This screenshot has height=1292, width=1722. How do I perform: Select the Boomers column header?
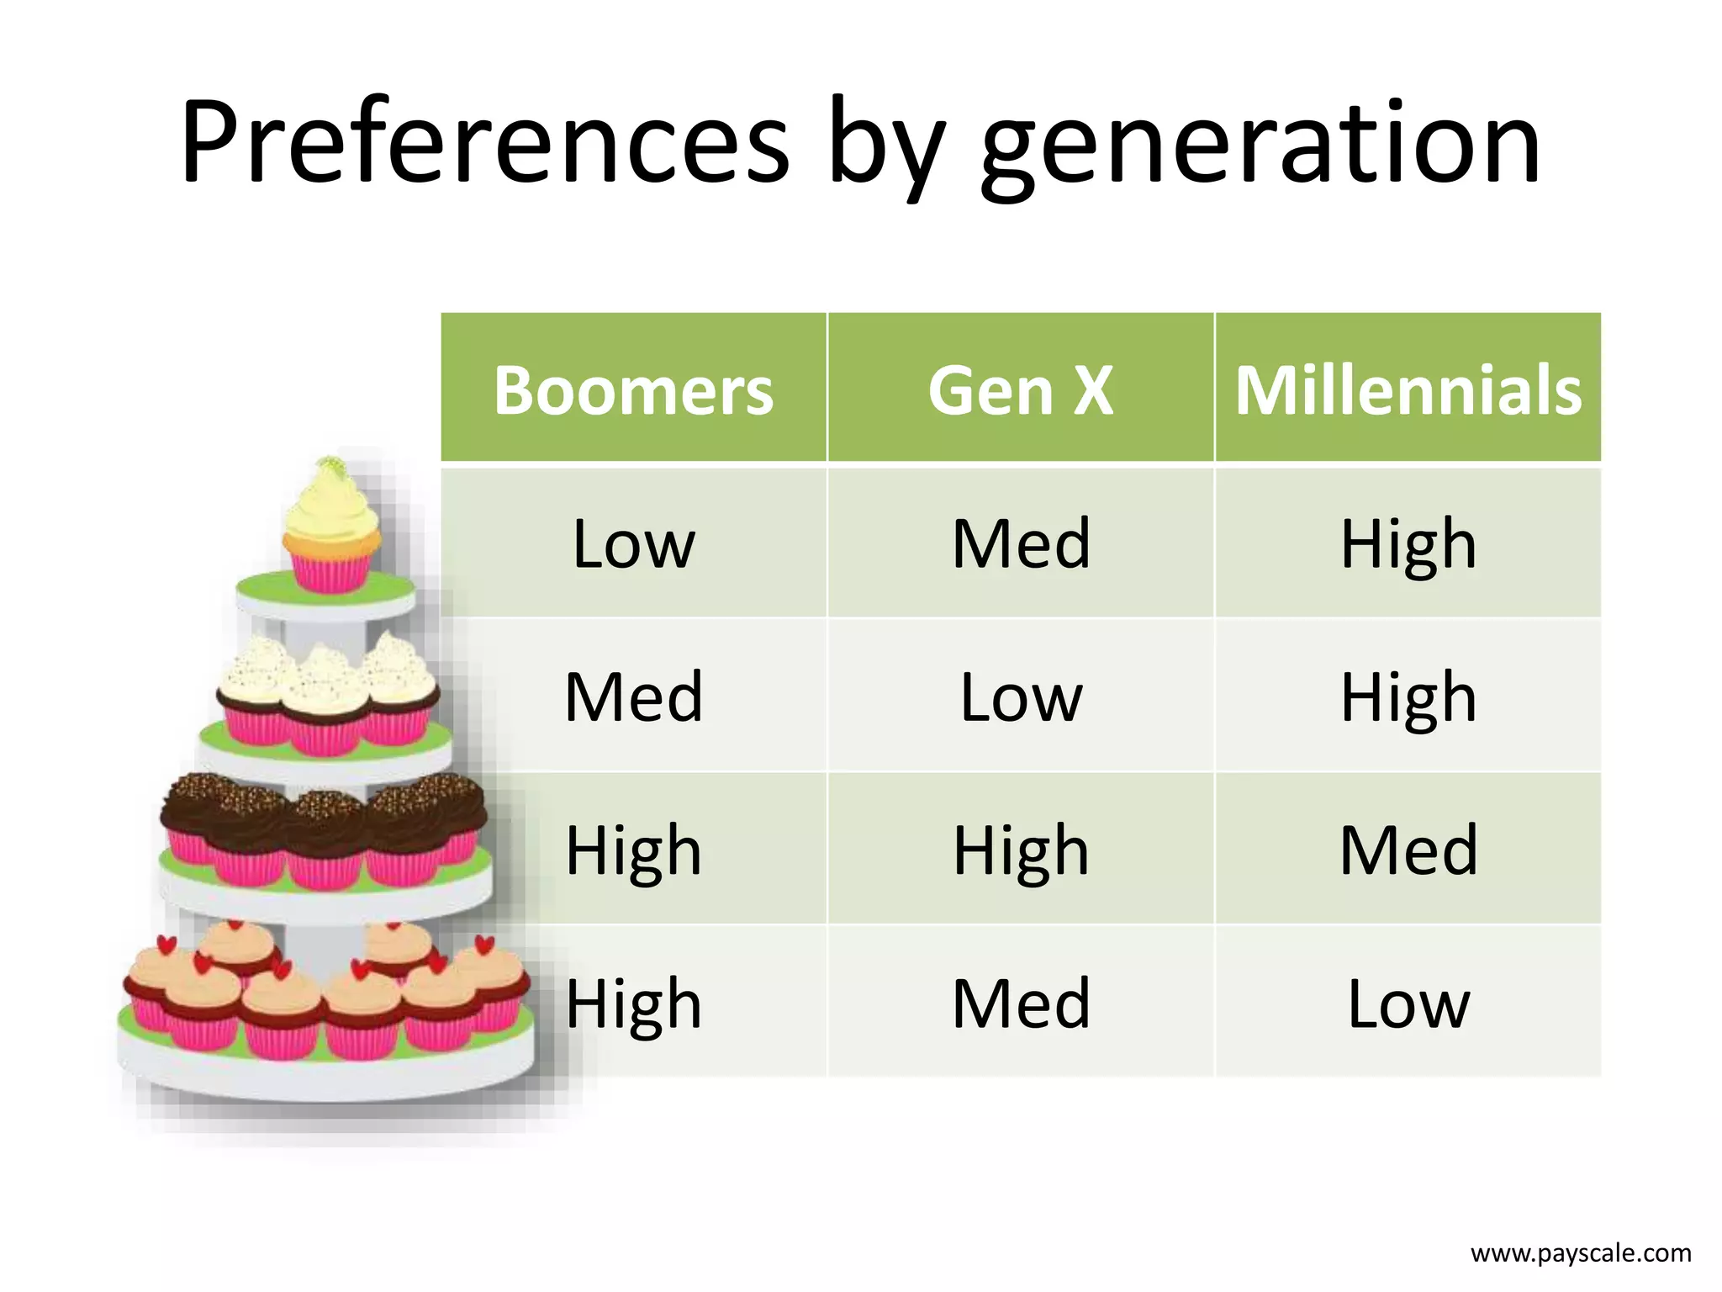[633, 389]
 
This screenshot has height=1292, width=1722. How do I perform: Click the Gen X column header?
[1021, 389]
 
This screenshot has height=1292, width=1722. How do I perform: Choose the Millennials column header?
[1408, 389]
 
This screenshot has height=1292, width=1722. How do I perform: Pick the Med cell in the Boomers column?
[633, 696]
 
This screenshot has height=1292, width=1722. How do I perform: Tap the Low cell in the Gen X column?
[1021, 696]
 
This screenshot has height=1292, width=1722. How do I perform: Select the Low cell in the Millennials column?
[1408, 1003]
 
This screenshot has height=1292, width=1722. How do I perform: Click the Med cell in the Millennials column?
[1408, 850]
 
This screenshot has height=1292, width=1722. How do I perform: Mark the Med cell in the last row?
[1021, 1003]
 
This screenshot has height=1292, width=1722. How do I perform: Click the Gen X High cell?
[1021, 850]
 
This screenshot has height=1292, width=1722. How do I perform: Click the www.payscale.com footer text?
[1581, 1253]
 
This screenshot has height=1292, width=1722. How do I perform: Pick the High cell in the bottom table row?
[633, 1003]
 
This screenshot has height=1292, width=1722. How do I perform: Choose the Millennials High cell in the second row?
[1408, 696]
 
